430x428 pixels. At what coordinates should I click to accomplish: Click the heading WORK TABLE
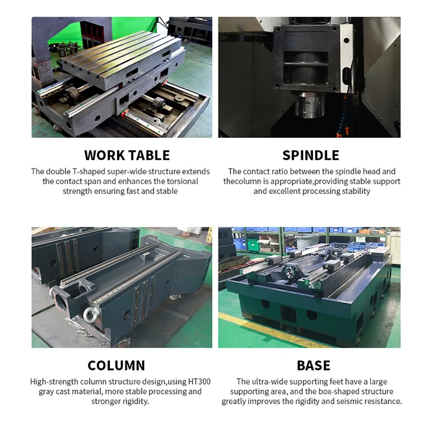(127, 155)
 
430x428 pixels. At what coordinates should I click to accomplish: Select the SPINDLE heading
(310, 155)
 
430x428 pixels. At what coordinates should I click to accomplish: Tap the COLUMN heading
(116, 365)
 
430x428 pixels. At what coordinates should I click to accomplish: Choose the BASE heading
(313, 365)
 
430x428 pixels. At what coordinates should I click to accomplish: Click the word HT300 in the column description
(198, 382)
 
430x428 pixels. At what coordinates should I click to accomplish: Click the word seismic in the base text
(349, 402)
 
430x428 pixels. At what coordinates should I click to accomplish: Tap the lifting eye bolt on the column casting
(88, 314)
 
